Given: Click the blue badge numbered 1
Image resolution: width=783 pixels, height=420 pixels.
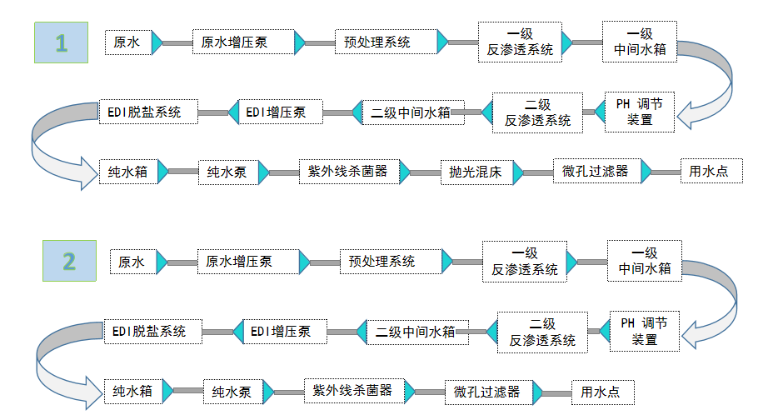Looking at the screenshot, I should click(x=60, y=42).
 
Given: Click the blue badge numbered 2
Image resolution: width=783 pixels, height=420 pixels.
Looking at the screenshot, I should click(x=69, y=261).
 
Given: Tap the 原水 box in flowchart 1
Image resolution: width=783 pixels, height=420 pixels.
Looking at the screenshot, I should click(x=127, y=42).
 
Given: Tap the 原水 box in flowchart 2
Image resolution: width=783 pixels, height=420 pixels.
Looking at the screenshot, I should click(x=132, y=262).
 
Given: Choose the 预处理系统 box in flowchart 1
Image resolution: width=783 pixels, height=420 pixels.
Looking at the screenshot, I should click(x=387, y=42).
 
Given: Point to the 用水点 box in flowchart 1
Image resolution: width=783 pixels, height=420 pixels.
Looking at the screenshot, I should click(x=711, y=172).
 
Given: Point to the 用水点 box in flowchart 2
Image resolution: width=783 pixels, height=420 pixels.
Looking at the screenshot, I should click(x=602, y=392).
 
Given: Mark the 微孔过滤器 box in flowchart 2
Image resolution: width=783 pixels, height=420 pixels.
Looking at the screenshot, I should click(x=486, y=392).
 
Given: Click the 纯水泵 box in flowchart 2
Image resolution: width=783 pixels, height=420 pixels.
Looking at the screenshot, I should click(x=232, y=392).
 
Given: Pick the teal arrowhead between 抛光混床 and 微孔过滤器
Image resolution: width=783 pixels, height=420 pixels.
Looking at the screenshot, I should click(x=518, y=172).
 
